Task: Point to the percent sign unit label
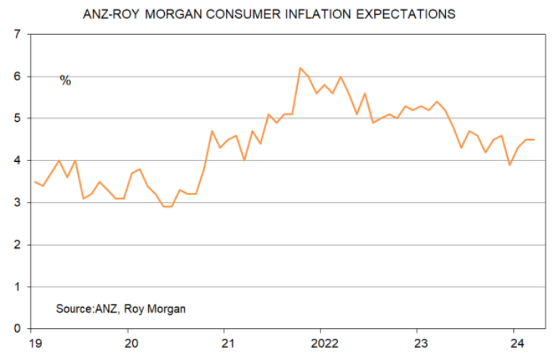(65, 80)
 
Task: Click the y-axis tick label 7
(16, 35)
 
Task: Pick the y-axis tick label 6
(16, 77)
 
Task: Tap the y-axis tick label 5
(16, 119)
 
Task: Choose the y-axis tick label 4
(16, 161)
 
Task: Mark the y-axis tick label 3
(16, 203)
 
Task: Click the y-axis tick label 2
(16, 245)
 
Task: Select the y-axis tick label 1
(16, 287)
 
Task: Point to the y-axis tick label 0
(16, 329)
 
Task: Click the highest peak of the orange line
(300, 68)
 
